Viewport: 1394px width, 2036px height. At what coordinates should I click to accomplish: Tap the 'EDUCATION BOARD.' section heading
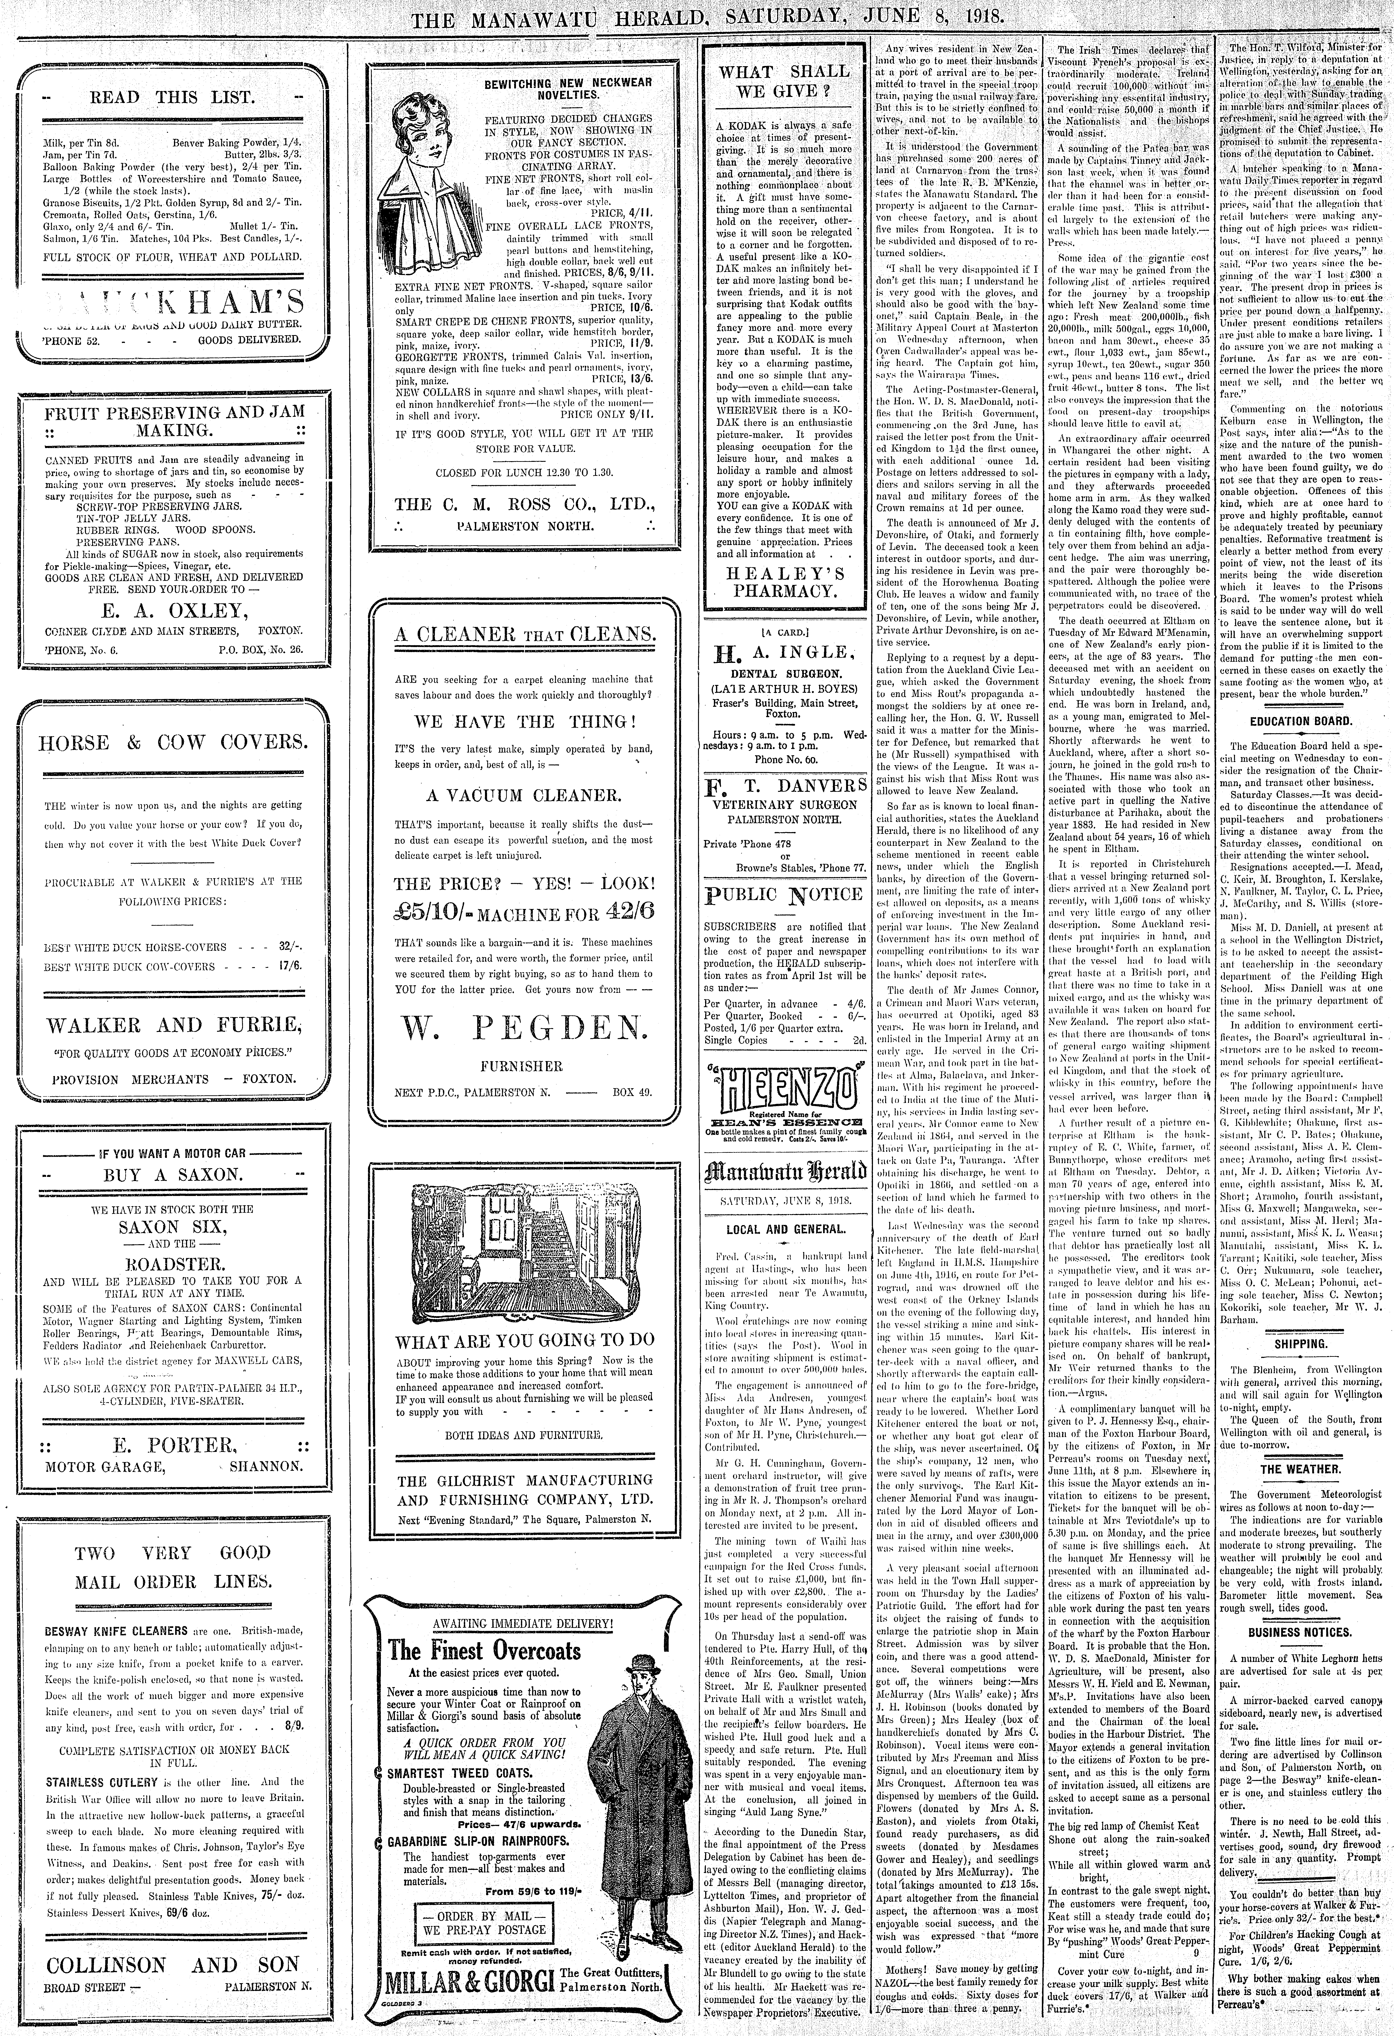pos(1300,721)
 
